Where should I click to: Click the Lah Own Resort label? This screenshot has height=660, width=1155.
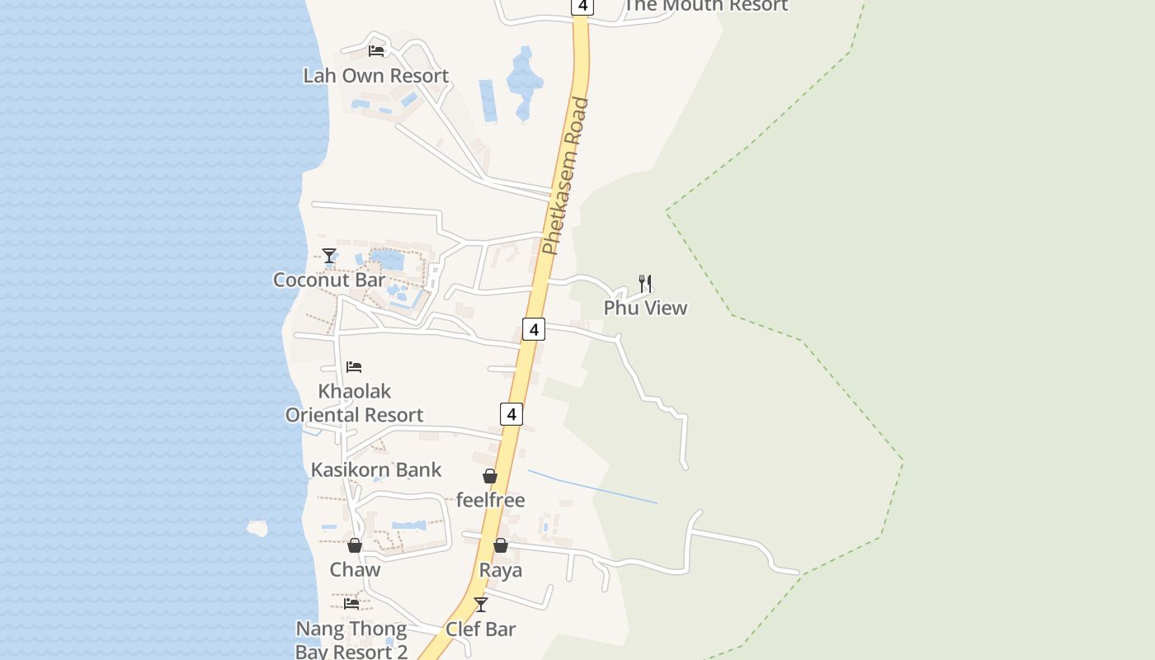pyautogui.click(x=375, y=76)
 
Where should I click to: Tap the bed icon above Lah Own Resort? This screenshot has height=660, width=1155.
pyautogui.click(x=376, y=50)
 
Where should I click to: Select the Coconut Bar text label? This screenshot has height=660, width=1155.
pyautogui.click(x=329, y=280)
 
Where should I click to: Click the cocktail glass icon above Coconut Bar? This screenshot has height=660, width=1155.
pyautogui.click(x=329, y=256)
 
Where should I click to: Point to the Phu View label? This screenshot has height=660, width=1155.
pyautogui.click(x=645, y=308)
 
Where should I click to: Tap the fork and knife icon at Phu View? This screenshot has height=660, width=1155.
pyautogui.click(x=645, y=284)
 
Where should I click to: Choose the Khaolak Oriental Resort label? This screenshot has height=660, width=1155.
pyautogui.click(x=355, y=403)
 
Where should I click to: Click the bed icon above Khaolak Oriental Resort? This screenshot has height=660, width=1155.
pyautogui.click(x=354, y=366)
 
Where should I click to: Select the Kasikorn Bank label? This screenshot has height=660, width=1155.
pyautogui.click(x=376, y=470)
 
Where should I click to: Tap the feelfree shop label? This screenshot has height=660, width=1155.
pyautogui.click(x=490, y=500)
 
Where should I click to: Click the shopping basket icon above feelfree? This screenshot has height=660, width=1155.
pyautogui.click(x=490, y=476)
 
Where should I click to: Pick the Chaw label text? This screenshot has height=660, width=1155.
pyautogui.click(x=355, y=569)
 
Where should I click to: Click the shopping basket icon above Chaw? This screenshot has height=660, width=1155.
pyautogui.click(x=355, y=545)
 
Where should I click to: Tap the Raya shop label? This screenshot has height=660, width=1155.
pyautogui.click(x=501, y=570)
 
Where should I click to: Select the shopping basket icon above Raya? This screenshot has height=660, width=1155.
pyautogui.click(x=501, y=545)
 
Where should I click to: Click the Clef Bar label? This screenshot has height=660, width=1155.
pyautogui.click(x=481, y=629)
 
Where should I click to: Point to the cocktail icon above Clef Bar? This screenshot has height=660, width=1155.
pyautogui.click(x=481, y=605)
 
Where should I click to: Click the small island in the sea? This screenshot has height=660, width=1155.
pyautogui.click(x=258, y=528)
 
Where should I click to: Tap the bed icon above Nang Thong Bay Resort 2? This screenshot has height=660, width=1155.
pyautogui.click(x=351, y=604)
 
